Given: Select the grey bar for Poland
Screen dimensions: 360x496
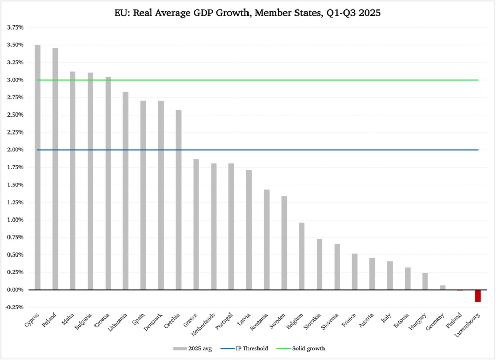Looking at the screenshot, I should (55, 169).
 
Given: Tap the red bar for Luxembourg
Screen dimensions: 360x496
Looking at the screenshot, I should (478, 296).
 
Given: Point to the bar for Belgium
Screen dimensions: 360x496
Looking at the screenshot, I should (302, 256).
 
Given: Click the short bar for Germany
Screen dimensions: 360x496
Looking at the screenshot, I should (443, 288).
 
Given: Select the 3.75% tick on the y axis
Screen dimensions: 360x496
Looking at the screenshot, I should (15, 27).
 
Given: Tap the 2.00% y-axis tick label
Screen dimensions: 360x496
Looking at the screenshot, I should (15, 150).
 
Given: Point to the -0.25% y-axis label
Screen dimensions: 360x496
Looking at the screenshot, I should (14, 307).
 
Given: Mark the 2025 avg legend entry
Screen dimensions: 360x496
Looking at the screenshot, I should (191, 348).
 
